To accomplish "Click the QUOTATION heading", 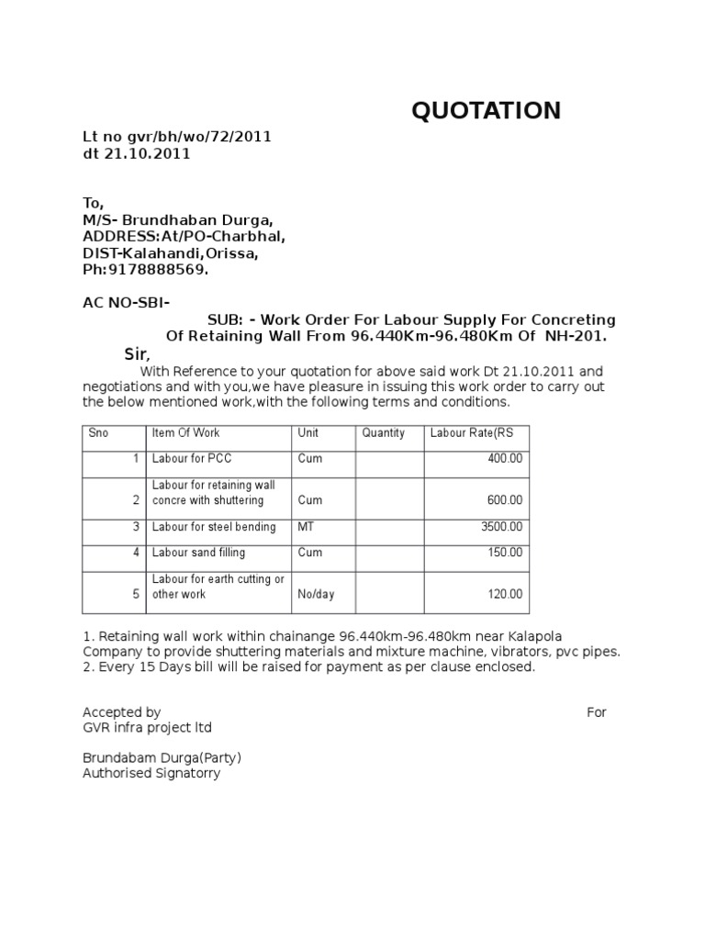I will [486, 111].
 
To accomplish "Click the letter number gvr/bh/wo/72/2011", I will [177, 137].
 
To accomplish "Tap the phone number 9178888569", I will [158, 270].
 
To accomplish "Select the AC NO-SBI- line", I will [126, 303].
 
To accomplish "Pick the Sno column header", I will [98, 433].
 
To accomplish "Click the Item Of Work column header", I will [186, 433].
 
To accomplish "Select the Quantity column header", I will [383, 433].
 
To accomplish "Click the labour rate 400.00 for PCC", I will [504, 458].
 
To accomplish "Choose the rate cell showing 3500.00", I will [501, 527].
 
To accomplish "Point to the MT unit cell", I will [306, 527].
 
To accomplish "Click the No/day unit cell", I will [316, 594].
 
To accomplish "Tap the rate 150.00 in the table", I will [504, 553].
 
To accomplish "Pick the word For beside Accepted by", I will [596, 711].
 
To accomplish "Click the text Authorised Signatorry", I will [151, 773].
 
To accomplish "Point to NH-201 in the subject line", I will [576, 336].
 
